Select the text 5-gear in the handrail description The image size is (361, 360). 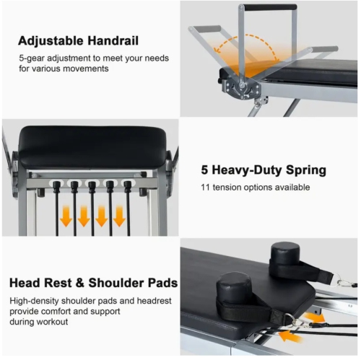32,57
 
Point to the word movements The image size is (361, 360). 90,70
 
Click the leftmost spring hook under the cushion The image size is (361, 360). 57,187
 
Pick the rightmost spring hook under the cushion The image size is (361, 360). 128,187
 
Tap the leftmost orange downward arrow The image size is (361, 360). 66,216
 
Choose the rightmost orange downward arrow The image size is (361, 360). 119,216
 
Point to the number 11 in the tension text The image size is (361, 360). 205,188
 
